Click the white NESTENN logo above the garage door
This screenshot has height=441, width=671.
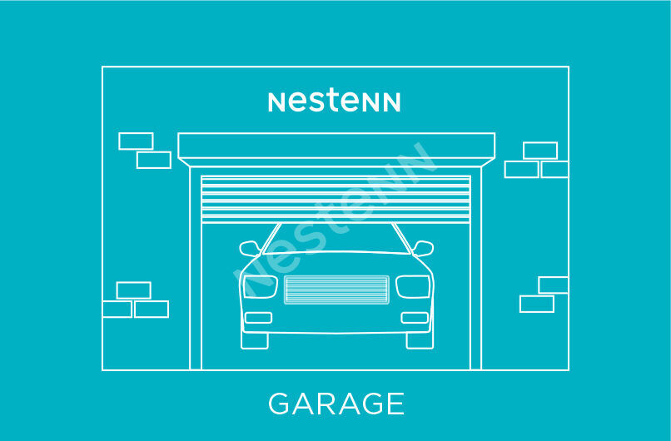(334, 102)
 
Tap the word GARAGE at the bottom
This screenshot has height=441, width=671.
(336, 404)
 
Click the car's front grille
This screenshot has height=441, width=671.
(337, 290)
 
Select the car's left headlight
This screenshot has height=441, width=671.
(260, 286)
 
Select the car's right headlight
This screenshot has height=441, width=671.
(413, 286)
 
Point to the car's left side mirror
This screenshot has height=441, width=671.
(250, 248)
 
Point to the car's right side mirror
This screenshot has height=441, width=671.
(423, 248)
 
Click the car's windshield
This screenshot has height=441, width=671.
(336, 239)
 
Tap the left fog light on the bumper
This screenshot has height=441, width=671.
(258, 317)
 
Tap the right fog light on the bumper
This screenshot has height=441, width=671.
(415, 317)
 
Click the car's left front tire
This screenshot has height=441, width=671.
(255, 340)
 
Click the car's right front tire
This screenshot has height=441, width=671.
(420, 340)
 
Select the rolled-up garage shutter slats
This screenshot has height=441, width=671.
(336, 200)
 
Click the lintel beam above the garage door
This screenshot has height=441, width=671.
(336, 146)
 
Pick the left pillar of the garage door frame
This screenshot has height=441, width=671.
(196, 268)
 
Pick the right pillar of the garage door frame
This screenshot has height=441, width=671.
(476, 268)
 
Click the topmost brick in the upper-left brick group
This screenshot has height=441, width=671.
(136, 141)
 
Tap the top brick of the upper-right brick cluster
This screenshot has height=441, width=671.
(540, 151)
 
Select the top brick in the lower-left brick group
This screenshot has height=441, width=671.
(133, 290)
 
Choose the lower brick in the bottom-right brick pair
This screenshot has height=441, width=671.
(537, 304)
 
